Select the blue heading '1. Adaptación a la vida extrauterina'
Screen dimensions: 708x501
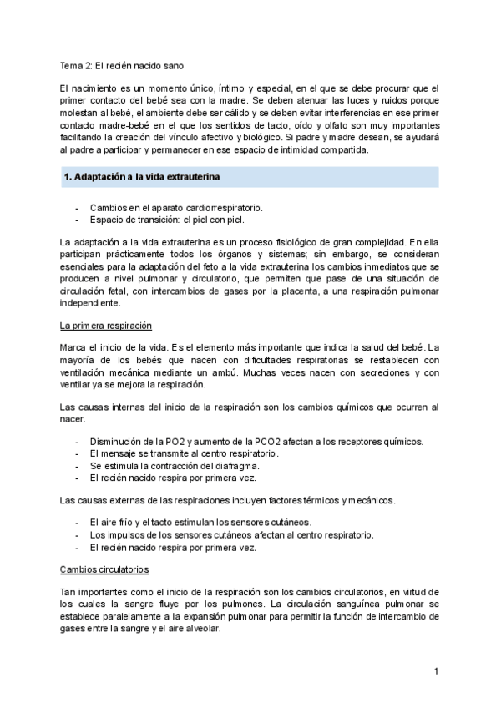[142, 177]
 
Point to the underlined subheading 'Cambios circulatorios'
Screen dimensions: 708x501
[105, 569]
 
